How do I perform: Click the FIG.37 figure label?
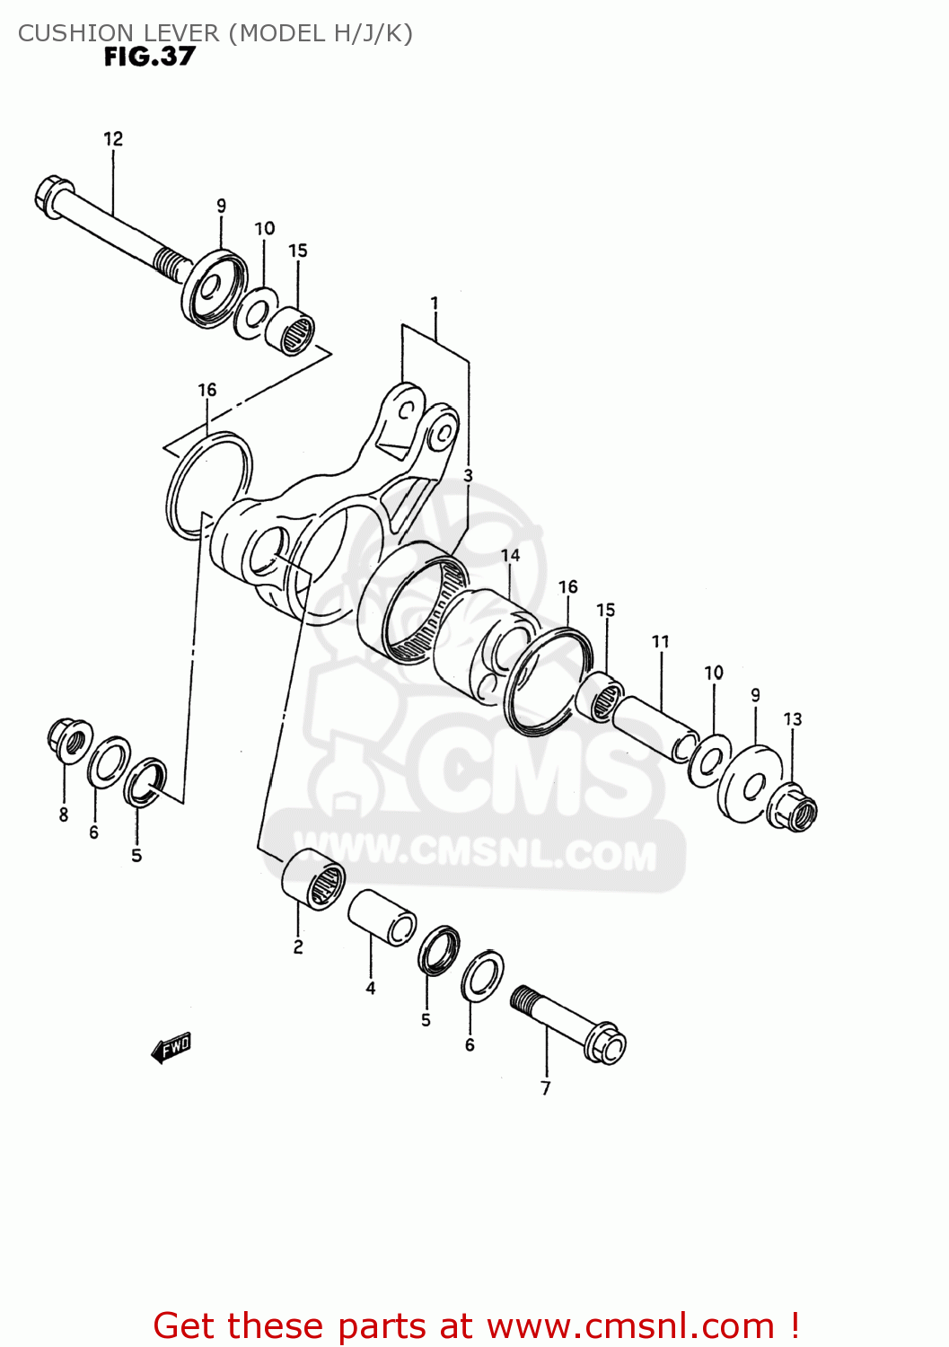[149, 57]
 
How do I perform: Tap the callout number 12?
[113, 138]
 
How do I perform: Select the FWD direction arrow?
[171, 1047]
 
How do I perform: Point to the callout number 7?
[546, 1088]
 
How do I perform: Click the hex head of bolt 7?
[606, 1043]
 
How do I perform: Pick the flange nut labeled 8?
[68, 738]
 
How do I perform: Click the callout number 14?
[511, 555]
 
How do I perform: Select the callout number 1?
[435, 304]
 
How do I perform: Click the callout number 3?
[468, 474]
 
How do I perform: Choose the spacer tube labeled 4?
[382, 916]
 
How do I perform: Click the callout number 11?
[661, 641]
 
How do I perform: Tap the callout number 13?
[793, 718]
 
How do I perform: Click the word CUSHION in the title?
[67, 33]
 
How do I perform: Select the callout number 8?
[64, 814]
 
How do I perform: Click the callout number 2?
[298, 946]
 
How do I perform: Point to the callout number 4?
[371, 988]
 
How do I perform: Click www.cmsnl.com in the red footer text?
[630, 1325]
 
